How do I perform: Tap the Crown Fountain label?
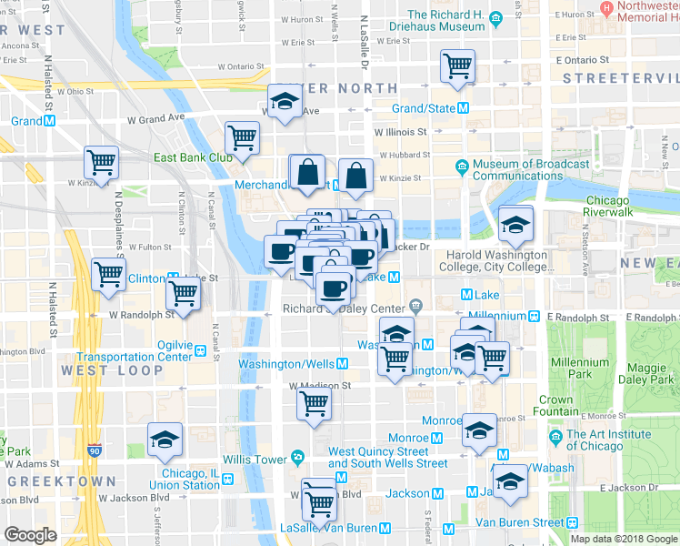pyautogui.click(x=555, y=406)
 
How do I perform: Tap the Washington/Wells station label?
pyautogui.click(x=286, y=364)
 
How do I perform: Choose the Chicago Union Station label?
pyautogui.click(x=190, y=479)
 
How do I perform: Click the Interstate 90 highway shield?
pyautogui.click(x=95, y=450)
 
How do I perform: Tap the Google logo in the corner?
pyautogui.click(x=30, y=536)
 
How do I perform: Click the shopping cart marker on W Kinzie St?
pyautogui.click(x=101, y=164)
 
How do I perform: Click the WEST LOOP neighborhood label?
pyautogui.click(x=99, y=370)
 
